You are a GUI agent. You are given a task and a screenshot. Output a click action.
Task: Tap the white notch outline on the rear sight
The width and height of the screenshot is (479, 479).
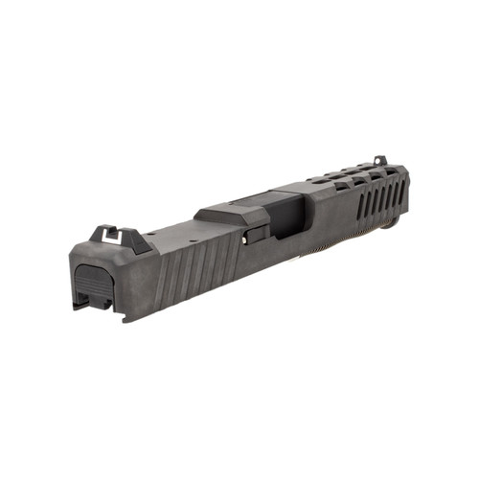click(105, 236)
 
